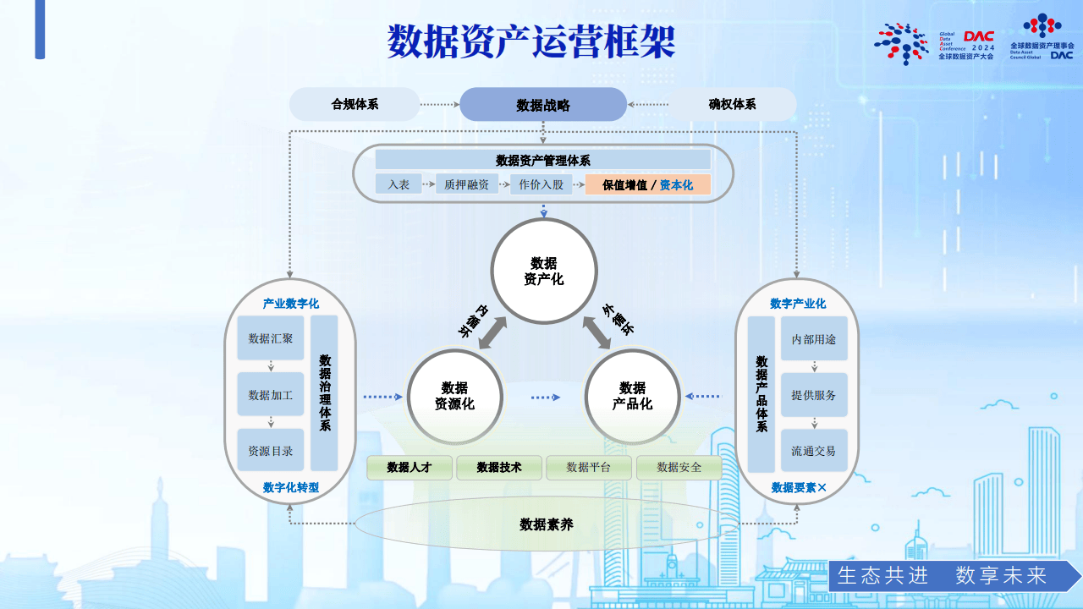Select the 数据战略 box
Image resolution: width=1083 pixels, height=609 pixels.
(543, 105)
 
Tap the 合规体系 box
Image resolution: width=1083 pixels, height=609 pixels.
(355, 105)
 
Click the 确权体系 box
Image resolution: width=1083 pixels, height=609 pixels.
(732, 105)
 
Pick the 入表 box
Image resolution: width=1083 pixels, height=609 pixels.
(399, 184)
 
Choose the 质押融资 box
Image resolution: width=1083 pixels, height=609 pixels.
(467, 184)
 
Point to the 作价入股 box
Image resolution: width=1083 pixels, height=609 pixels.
(541, 184)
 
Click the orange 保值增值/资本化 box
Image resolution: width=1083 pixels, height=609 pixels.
(647, 184)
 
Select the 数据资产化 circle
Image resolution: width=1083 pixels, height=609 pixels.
(544, 271)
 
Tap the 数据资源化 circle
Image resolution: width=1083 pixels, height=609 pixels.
(455, 396)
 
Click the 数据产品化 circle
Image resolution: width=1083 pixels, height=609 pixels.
(633, 396)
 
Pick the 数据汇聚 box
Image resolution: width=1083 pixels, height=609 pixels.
(271, 338)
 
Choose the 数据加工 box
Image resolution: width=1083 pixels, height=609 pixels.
(271, 395)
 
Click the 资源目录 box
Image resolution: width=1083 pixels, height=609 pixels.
(271, 451)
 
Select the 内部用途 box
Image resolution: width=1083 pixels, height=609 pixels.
(814, 339)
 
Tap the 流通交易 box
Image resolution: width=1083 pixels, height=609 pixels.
(814, 451)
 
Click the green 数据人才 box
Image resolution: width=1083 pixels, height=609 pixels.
(410, 467)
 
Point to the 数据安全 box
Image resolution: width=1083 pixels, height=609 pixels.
(679, 467)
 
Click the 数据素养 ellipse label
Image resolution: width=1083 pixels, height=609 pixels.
(547, 524)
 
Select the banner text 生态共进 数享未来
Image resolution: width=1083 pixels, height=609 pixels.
(943, 576)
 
